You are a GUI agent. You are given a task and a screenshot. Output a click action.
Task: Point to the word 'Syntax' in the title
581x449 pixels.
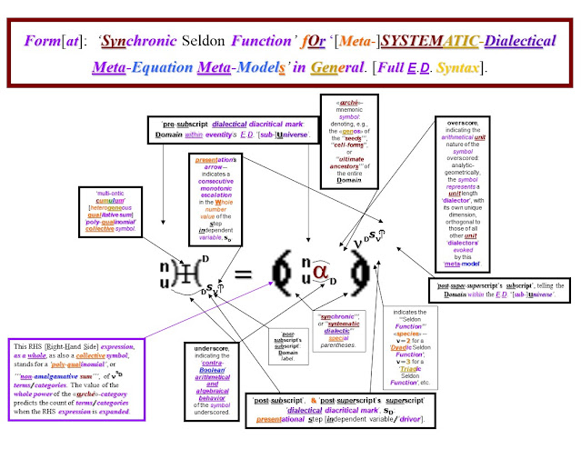[x=474, y=66]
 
